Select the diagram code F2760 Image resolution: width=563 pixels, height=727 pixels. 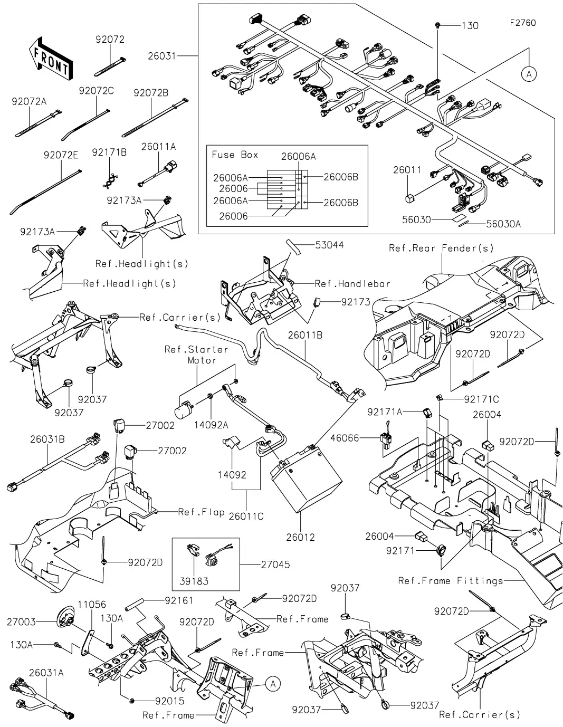[523, 23]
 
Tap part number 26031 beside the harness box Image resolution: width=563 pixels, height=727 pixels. [162, 55]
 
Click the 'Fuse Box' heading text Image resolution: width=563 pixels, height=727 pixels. [235, 155]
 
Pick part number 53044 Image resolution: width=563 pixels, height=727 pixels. [330, 245]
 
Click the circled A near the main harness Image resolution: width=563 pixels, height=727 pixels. [529, 74]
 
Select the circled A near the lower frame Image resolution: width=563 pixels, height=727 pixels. [272, 684]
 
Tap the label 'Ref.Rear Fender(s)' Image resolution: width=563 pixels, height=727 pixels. [441, 248]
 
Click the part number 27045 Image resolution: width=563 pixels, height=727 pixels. [275, 565]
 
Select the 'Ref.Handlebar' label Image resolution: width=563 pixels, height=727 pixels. [352, 284]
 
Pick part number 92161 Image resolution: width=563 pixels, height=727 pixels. [179, 600]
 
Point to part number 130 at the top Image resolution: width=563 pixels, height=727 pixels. [470, 25]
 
